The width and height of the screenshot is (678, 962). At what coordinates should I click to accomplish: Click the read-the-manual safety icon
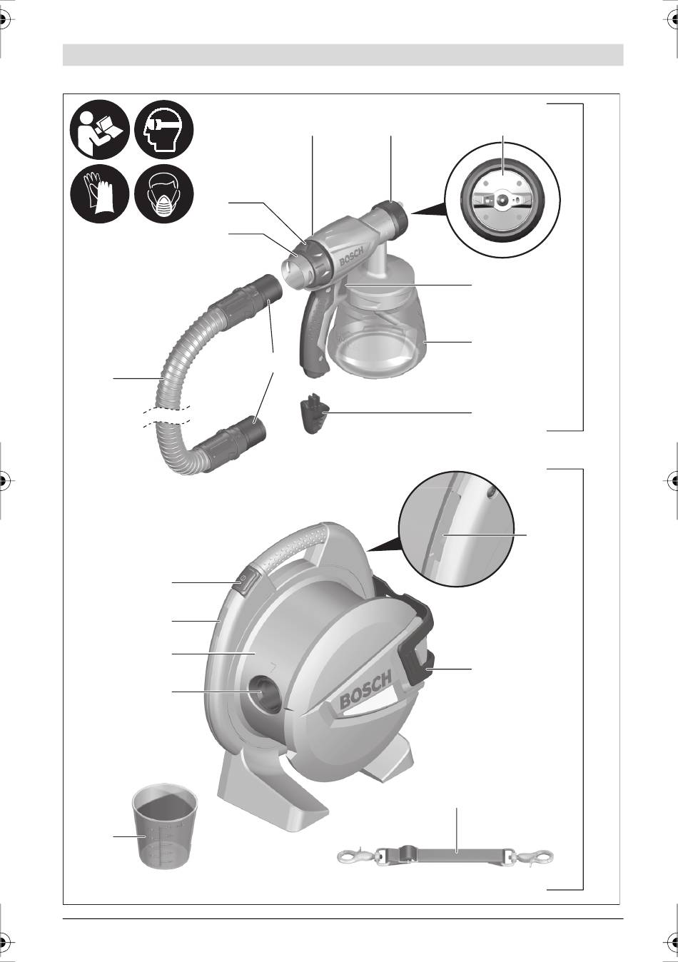tap(100, 129)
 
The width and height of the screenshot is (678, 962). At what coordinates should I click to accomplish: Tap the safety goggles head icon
tap(164, 129)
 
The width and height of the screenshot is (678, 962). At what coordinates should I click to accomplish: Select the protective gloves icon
tap(100, 193)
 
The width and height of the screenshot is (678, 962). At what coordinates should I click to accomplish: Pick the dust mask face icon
tap(164, 193)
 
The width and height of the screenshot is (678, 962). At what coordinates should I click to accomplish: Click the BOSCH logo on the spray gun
tap(352, 256)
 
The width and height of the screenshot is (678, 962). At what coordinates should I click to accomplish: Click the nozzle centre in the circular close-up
tap(502, 199)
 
